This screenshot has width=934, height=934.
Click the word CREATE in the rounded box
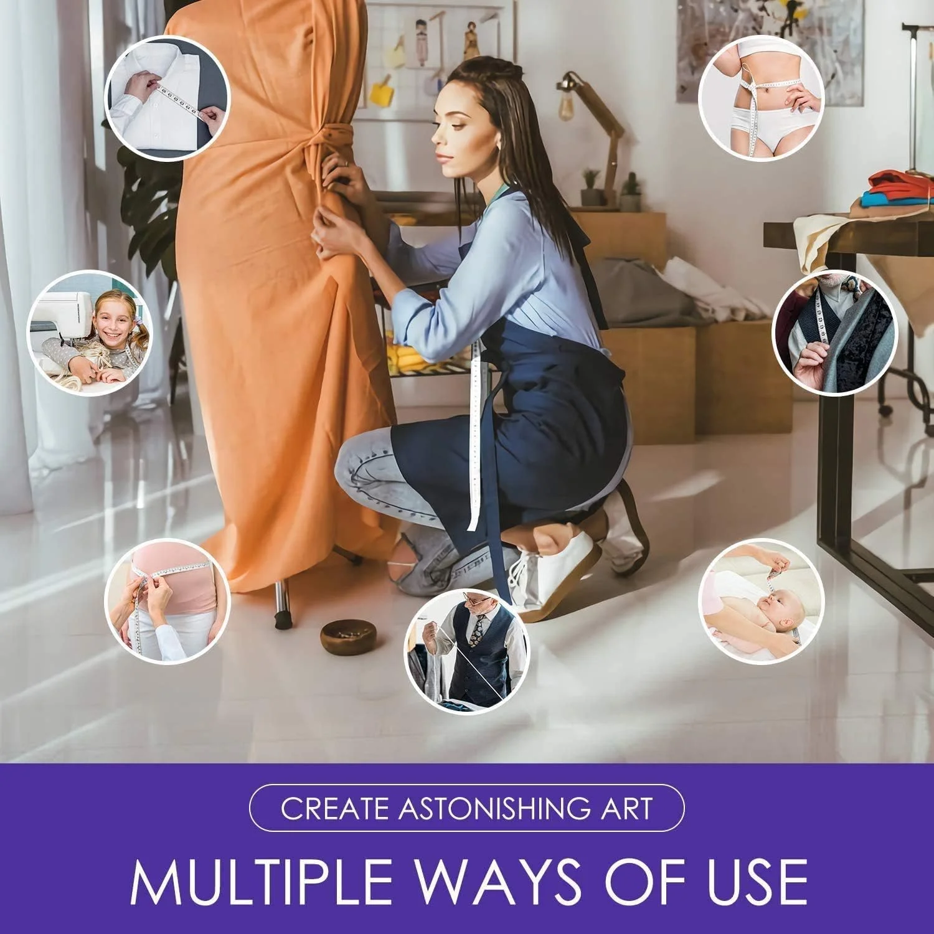tap(336, 808)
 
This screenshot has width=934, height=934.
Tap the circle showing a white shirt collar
tap(167, 98)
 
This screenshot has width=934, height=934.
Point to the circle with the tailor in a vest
tap(467, 651)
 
